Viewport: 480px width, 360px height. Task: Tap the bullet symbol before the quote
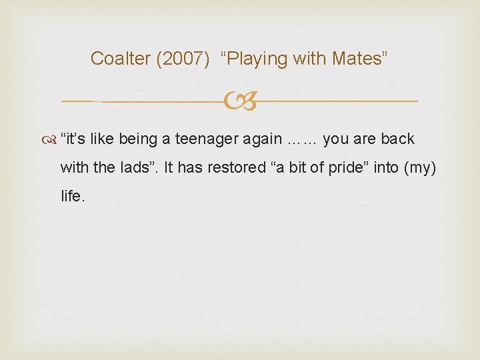tap(51, 139)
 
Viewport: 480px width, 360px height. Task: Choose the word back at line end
tap(398, 139)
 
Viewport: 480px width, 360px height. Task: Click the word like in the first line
tap(102, 139)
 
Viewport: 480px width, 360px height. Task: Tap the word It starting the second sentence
tap(169, 168)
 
